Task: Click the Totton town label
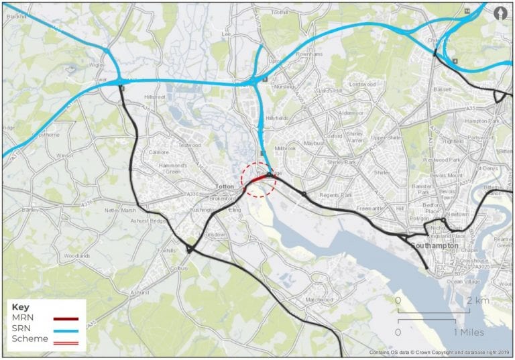[223, 187]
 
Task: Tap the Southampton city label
[435, 245]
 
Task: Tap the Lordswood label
[363, 84]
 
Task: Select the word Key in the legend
[21, 306]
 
